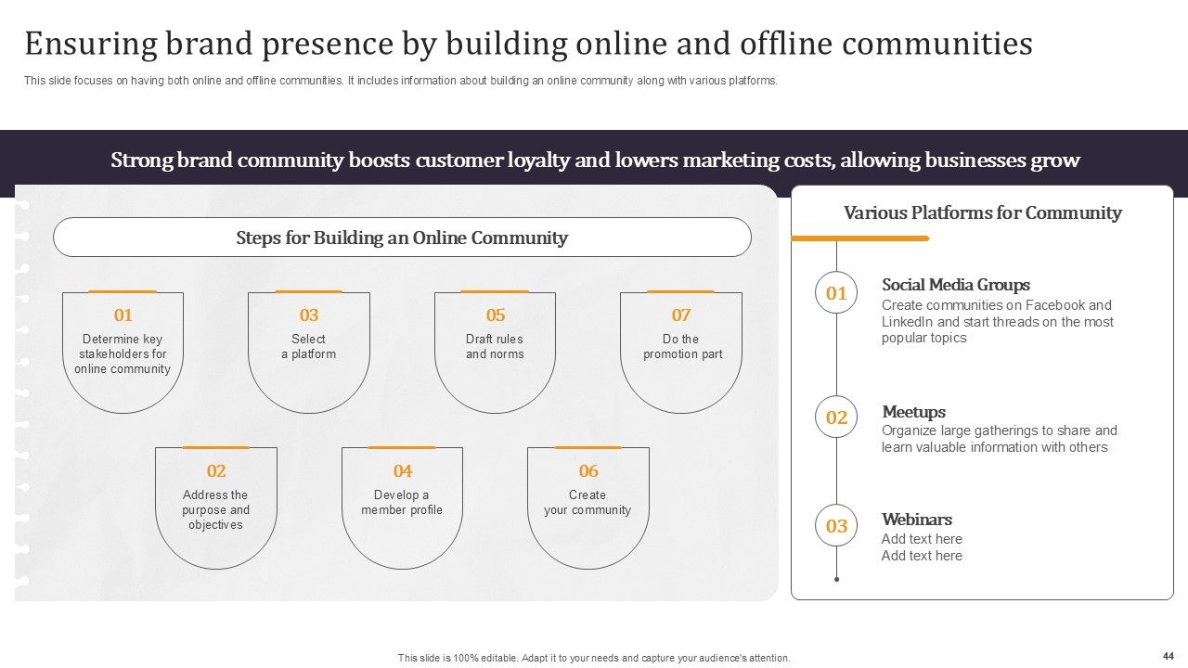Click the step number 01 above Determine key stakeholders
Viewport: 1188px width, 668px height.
click(x=123, y=315)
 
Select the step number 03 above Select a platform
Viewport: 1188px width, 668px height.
click(x=309, y=315)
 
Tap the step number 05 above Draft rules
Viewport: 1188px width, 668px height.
click(x=496, y=315)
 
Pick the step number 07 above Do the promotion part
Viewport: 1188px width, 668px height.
click(x=681, y=315)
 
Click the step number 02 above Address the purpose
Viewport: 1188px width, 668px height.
click(x=216, y=471)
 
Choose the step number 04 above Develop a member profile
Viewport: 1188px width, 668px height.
click(x=402, y=471)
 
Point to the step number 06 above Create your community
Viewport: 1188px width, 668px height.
click(x=588, y=471)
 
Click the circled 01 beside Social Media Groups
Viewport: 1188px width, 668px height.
click(x=836, y=294)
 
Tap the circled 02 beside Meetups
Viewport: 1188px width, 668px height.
click(x=836, y=417)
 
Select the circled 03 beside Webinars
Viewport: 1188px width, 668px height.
click(x=836, y=526)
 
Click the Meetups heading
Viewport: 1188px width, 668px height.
click(x=913, y=412)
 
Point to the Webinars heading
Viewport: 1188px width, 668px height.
click(x=916, y=520)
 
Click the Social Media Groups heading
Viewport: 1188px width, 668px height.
click(x=955, y=285)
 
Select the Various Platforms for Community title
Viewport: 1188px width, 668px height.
click(x=982, y=213)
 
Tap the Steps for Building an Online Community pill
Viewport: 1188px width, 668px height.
click(x=402, y=238)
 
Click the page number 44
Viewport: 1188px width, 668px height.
click(x=1168, y=655)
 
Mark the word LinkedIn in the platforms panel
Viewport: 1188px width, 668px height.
click(x=907, y=322)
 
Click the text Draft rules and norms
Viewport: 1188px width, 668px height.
click(x=495, y=347)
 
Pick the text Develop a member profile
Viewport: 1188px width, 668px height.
click(x=402, y=503)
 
